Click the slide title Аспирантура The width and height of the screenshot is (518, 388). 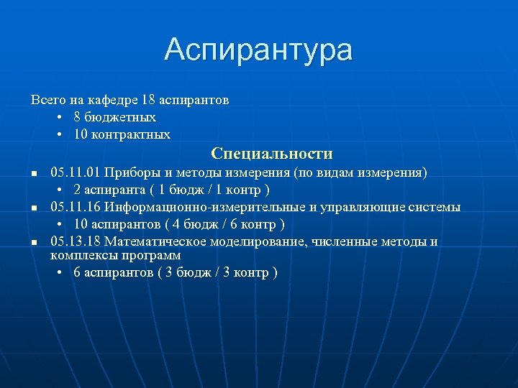(x=258, y=50)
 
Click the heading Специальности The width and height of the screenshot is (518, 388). (x=272, y=154)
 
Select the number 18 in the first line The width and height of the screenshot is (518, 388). (x=149, y=99)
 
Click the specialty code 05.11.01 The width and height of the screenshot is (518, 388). (x=76, y=173)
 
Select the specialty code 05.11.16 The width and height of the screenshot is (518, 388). (x=76, y=208)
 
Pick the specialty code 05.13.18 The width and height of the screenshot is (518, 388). (x=76, y=242)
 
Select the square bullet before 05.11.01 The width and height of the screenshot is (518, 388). (x=33, y=175)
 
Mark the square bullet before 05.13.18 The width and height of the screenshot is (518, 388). (x=33, y=244)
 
